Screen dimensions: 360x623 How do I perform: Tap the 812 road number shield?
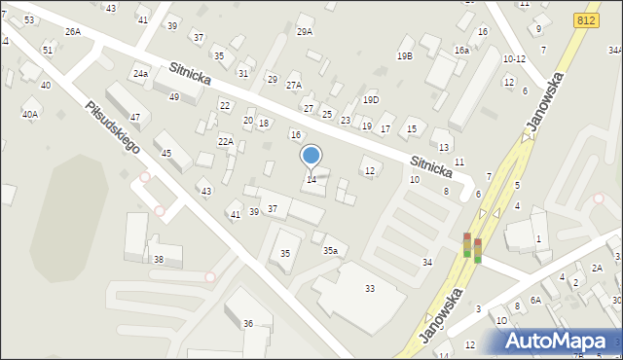point(586,20)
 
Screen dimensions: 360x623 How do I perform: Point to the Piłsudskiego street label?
point(112,129)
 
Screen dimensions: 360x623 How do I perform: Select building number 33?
point(370,289)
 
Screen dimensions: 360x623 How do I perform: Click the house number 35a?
point(331,251)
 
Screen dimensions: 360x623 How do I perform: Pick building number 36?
point(248,323)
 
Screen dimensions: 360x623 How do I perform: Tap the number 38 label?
point(159,260)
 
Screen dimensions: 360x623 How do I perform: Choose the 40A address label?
point(30,115)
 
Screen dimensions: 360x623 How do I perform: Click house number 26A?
point(73,32)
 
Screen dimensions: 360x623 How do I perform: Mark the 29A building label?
point(305,32)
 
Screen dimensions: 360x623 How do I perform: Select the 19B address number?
point(404,56)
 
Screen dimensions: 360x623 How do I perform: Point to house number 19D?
point(371,99)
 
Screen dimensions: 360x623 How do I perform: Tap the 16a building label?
point(461,50)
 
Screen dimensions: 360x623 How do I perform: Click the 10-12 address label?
point(514,58)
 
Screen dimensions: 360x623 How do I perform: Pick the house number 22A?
point(225,141)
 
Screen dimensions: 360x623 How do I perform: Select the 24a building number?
point(140,74)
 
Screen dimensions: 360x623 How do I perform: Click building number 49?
point(174,97)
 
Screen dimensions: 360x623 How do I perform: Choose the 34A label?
point(615,50)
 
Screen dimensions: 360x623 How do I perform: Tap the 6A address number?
point(535,301)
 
